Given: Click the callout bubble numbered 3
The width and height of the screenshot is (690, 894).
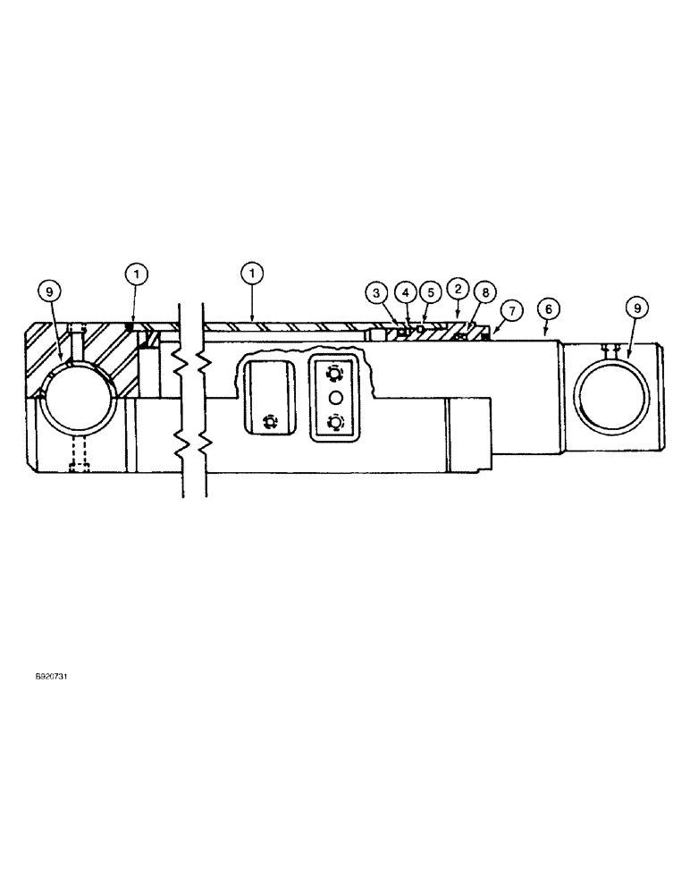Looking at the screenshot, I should coord(376,292).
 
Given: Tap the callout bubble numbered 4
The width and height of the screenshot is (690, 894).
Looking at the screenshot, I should coord(405,292).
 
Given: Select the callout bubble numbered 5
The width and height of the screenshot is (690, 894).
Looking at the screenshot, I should coord(430,292).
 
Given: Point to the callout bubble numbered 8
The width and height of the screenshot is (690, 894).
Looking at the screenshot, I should coord(484,292).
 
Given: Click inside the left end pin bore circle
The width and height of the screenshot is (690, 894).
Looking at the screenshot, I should coord(80,398).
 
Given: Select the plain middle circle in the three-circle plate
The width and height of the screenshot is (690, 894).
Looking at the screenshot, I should coord(335,397).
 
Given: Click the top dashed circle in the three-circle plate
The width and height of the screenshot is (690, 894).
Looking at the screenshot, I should coord(335,373).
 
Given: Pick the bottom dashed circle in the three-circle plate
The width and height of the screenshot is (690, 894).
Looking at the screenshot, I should coord(335,422).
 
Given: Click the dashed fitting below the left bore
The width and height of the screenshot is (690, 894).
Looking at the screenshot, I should coord(80,454).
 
